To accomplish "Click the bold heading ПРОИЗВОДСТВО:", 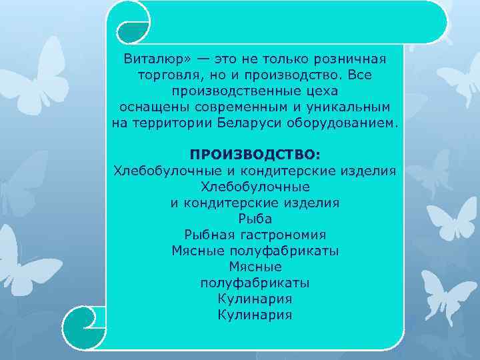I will [x=255, y=155].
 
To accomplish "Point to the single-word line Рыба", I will [x=255, y=218].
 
